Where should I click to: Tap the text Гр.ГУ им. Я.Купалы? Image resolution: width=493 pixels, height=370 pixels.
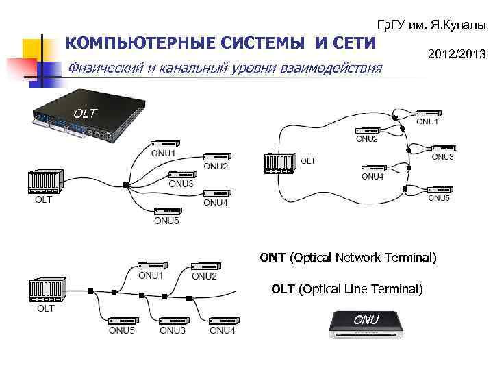431,25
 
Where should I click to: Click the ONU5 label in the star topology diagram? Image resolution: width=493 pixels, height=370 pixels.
166,220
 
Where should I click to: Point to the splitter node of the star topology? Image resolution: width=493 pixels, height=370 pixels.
127,184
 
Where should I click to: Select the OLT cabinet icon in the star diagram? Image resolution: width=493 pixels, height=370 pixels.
44,183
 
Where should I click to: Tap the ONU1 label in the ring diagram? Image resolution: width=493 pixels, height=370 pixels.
428,122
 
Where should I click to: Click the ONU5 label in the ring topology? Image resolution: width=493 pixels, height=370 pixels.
439,198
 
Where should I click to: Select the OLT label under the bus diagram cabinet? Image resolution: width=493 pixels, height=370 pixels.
45,308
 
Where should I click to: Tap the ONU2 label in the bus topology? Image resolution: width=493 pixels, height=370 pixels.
204,276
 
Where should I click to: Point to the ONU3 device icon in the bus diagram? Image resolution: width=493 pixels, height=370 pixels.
173,320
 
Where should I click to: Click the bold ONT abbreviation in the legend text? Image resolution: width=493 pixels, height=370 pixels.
273,258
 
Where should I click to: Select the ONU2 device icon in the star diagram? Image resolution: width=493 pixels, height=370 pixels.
216,157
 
